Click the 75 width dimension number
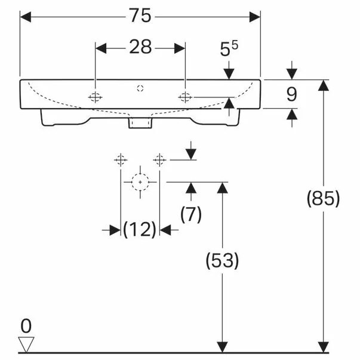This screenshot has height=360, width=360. point(140,16)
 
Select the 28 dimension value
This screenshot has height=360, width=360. point(140,47)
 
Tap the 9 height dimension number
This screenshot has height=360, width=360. point(291,94)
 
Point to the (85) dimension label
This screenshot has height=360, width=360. point(323,199)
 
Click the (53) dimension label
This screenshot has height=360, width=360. point(222,260)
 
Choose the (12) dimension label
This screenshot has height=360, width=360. point(140,229)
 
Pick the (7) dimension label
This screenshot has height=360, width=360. point(191,214)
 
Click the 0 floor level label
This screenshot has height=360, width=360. point(26,326)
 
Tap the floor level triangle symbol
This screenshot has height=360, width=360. point(26,344)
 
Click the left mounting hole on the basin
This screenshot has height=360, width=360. point(96,97)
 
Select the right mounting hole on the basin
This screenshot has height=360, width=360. point(185,97)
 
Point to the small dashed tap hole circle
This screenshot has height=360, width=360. point(140,88)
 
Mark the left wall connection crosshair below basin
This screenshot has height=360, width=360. point(121,160)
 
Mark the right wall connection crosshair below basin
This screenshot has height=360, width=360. point(159,160)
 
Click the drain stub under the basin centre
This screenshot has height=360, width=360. point(140,123)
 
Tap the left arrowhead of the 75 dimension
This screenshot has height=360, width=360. point(26,17)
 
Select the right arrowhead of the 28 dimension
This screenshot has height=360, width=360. point(180,48)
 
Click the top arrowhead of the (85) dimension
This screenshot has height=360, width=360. point(323,85)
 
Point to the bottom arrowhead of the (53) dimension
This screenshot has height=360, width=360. point(222,347)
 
